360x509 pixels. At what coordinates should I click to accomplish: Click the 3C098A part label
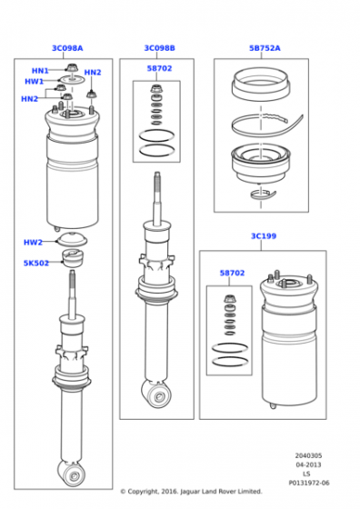click(67, 48)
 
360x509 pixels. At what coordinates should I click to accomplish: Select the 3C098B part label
click(159, 48)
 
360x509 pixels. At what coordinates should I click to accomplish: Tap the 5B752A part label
click(265, 48)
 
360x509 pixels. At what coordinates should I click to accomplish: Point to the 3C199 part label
click(264, 236)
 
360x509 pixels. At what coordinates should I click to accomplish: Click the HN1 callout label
click(40, 71)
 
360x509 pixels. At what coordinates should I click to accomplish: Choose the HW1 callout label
click(34, 82)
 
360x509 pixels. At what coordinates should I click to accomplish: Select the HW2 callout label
click(33, 243)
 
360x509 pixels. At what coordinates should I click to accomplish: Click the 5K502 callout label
click(36, 263)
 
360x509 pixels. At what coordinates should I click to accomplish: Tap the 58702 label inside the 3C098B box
click(159, 68)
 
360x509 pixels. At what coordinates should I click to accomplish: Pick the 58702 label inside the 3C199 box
click(232, 273)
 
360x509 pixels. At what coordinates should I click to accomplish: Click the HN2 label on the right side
click(93, 73)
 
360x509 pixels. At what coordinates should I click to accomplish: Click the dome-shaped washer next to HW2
click(72, 240)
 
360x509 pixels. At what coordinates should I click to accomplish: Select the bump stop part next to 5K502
click(72, 258)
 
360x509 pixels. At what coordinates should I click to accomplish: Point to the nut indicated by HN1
click(71, 68)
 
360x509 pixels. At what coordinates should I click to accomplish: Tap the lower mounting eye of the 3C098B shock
click(158, 394)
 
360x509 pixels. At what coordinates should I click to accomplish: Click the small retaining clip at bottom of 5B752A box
click(263, 195)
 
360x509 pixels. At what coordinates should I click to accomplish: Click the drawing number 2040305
click(308, 455)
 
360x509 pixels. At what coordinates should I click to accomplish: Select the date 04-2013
click(308, 464)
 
